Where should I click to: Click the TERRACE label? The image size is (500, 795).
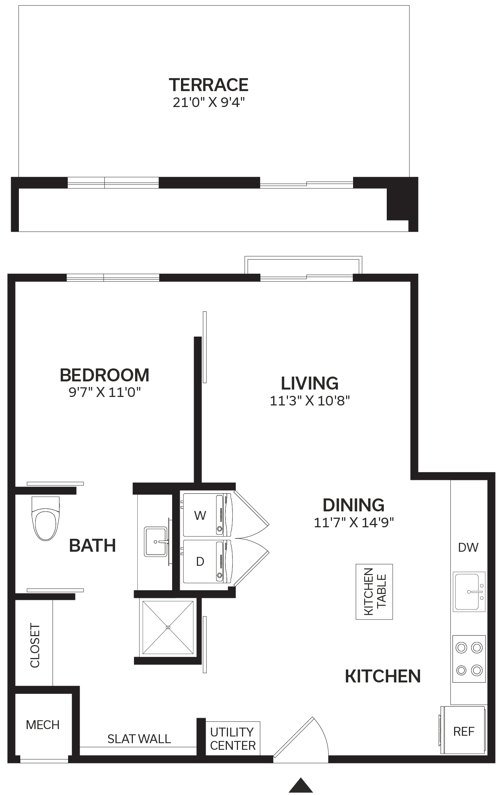tap(209, 85)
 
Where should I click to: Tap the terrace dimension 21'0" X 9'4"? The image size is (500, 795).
tap(209, 102)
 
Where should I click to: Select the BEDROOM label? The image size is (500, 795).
tap(105, 375)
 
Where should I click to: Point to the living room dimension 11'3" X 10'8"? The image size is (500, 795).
tap(310, 401)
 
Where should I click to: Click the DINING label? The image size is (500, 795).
tap(353, 505)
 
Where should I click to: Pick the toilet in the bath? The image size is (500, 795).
tap(46, 518)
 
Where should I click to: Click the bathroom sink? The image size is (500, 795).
tap(156, 542)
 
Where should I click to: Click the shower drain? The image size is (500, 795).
tap(168, 627)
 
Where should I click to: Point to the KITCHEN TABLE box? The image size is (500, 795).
tap(374, 592)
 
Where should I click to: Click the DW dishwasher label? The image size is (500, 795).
tap(468, 547)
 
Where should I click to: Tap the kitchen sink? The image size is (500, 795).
tap(469, 592)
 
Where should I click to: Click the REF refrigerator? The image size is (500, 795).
tap(464, 731)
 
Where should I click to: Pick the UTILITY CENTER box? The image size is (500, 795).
tap(233, 739)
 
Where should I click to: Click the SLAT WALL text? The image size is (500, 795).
tap(139, 739)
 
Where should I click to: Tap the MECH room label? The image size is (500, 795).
tap(43, 725)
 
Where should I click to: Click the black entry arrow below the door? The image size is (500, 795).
tap(301, 785)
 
